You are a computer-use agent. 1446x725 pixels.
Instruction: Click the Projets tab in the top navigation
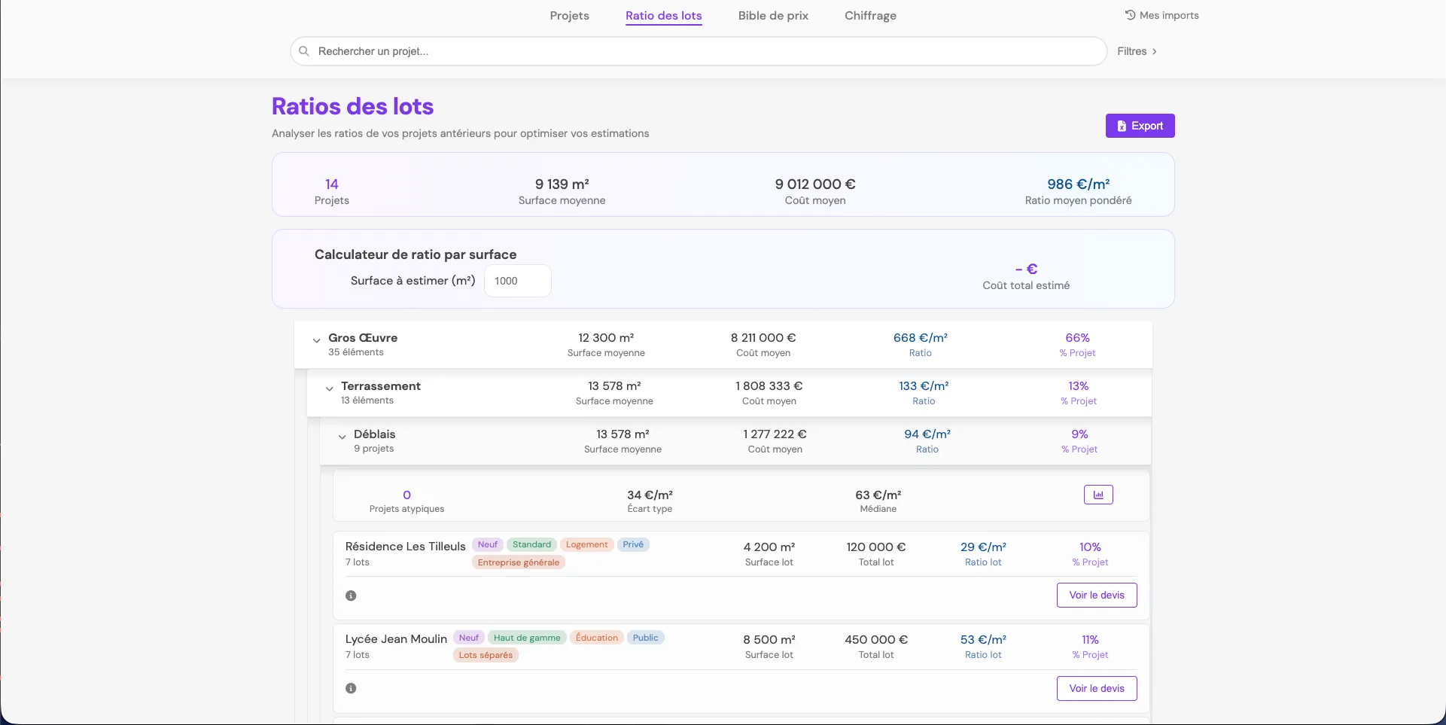pos(569,16)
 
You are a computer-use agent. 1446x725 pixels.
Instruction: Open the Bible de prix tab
pos(773,16)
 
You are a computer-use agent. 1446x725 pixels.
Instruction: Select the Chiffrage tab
pos(870,16)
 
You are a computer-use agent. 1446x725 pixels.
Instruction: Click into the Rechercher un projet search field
pos(699,51)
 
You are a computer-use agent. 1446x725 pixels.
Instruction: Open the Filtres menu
pos(1137,51)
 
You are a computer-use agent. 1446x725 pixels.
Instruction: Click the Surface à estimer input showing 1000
pos(517,281)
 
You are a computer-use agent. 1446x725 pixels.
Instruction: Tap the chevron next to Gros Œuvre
pos(317,341)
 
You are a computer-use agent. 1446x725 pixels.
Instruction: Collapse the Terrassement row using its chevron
pos(329,389)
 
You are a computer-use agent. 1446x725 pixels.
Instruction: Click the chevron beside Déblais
pos(342,437)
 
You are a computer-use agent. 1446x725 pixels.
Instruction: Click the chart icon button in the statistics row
pos(1098,495)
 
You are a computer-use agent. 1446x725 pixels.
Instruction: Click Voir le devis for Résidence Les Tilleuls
pos(1097,595)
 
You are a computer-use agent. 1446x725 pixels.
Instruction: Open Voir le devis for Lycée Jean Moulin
pos(1097,688)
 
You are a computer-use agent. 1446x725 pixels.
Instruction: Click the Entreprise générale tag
pos(519,562)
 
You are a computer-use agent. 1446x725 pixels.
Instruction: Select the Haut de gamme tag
pos(527,638)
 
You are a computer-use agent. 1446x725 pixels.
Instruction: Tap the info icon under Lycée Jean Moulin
pos(351,688)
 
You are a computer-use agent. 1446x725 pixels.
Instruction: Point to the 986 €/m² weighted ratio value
pos(1078,184)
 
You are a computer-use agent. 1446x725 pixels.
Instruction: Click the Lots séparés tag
pos(486,655)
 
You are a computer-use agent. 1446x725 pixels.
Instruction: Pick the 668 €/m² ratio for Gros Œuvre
pos(920,338)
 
